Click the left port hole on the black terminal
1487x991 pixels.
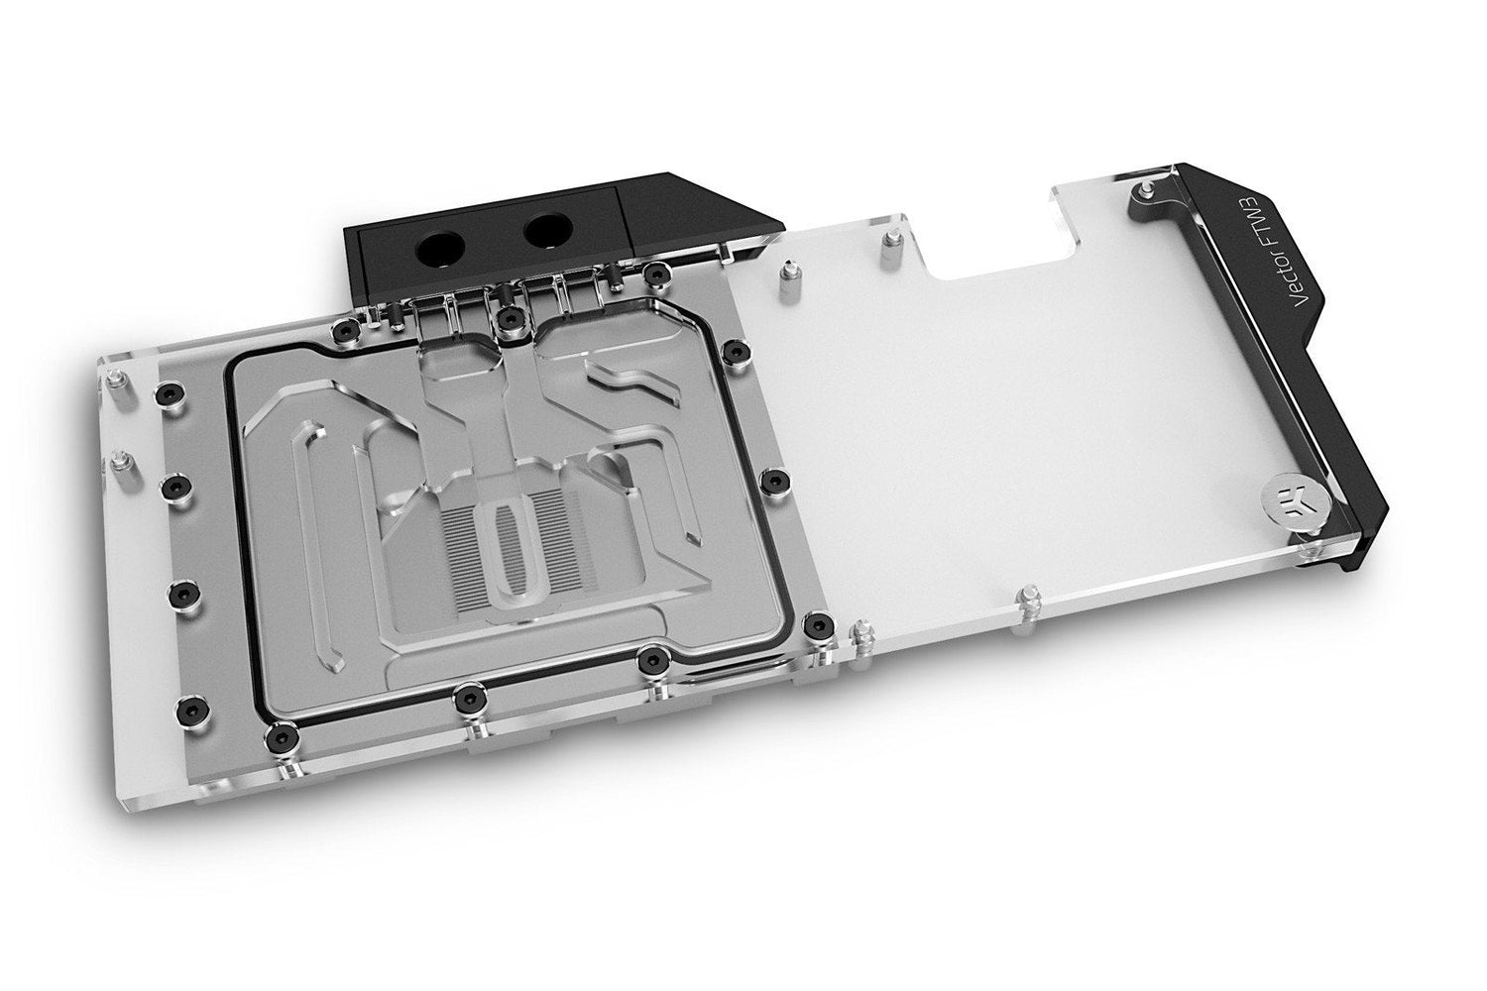(440, 250)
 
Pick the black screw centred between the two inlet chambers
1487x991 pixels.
(509, 318)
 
